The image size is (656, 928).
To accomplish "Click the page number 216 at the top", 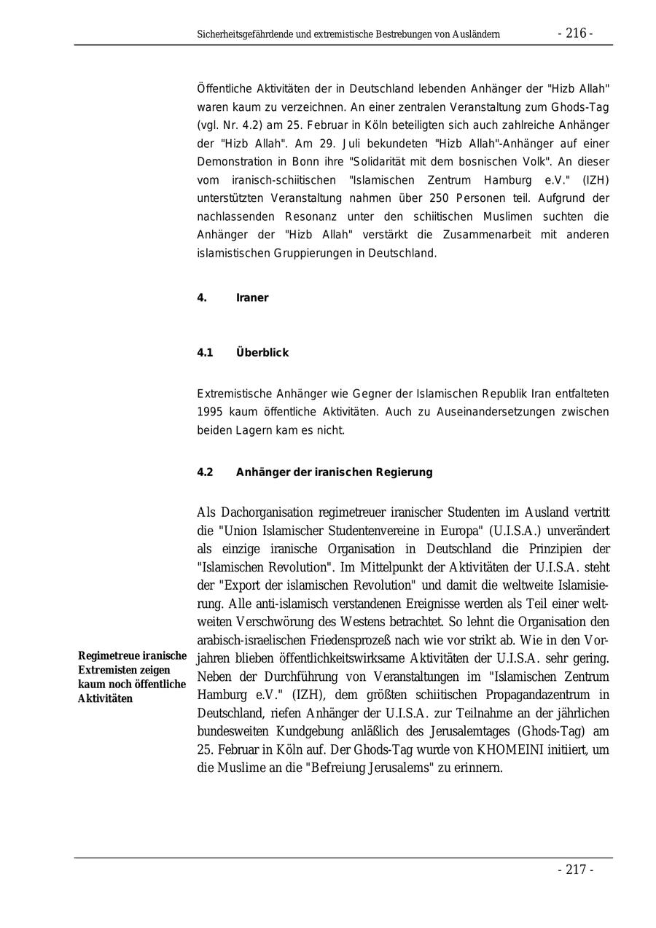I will click(575, 34).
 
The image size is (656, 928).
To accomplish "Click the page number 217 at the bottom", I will click(575, 870).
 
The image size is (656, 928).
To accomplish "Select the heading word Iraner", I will click(252, 297).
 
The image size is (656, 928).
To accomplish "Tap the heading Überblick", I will click(262, 353).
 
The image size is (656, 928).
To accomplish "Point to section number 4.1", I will click(205, 353).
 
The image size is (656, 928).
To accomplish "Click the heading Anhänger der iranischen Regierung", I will click(334, 472).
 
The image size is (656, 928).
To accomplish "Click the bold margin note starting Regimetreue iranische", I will click(132, 677).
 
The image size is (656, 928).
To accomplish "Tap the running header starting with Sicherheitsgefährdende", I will click(348, 34).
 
